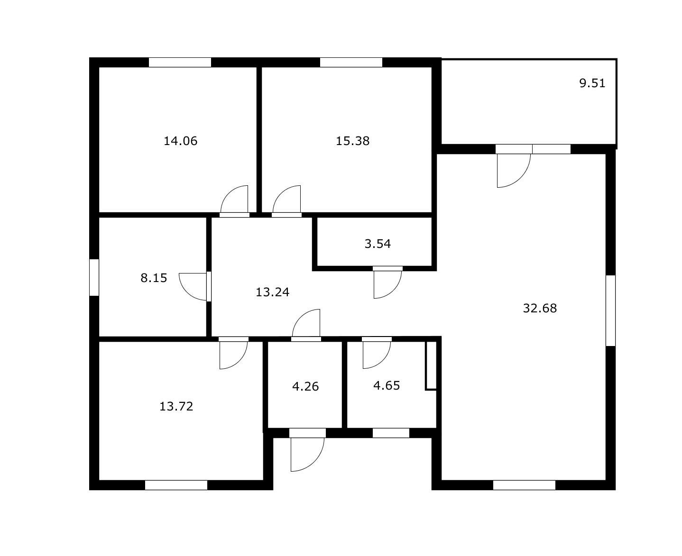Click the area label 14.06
(x=180, y=141)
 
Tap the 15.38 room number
(x=352, y=141)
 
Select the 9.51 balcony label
(x=592, y=83)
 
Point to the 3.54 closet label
(x=378, y=244)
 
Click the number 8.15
(x=154, y=278)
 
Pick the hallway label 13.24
(x=272, y=292)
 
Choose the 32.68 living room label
(x=540, y=309)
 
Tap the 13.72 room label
(x=176, y=406)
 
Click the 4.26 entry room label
(x=305, y=386)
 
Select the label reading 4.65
(x=387, y=385)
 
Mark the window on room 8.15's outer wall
(x=94, y=277)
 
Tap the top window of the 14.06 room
(x=180, y=63)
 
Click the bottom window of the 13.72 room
(x=176, y=485)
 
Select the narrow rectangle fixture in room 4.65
(x=431, y=365)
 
